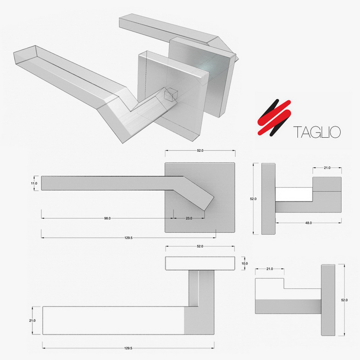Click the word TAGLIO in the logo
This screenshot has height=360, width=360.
point(317,132)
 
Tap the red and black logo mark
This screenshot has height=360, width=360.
point(274,117)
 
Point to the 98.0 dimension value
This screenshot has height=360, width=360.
point(107,218)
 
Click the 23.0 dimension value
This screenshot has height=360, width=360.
point(189,218)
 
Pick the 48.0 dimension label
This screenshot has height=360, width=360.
point(308,223)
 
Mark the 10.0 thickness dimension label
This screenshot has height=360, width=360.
point(245,263)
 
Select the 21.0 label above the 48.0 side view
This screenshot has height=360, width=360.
point(327,168)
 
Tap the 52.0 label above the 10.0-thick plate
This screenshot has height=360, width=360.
point(200,246)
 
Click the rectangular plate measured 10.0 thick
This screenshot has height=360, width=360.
point(200,263)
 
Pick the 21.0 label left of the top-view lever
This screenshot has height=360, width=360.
point(33,320)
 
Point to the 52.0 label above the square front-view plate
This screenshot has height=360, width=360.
point(200,151)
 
